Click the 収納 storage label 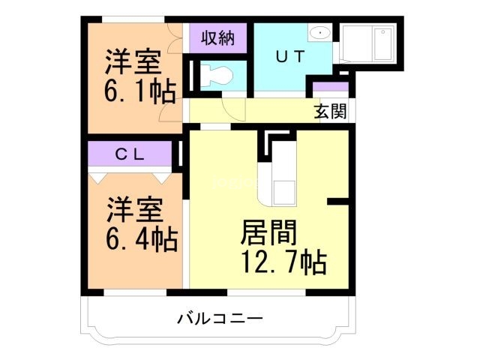[x=217, y=38]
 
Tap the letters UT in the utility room [x=289, y=56]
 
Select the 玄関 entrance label [x=329, y=112]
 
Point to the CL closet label [x=131, y=154]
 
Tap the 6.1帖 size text [x=139, y=91]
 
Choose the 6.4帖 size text [x=140, y=239]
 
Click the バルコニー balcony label [x=220, y=319]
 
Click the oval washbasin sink [x=320, y=33]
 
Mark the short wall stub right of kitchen [x=339, y=201]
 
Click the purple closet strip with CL [x=132, y=155]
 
